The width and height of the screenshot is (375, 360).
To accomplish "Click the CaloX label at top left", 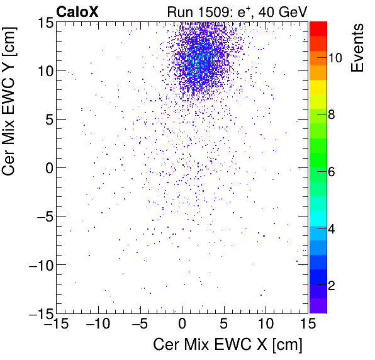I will pos(78,11).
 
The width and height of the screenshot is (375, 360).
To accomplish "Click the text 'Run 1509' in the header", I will pos(193,11).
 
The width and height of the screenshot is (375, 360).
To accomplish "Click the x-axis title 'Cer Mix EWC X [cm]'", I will pos(228,346).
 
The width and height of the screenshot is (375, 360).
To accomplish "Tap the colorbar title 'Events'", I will pos(357,47).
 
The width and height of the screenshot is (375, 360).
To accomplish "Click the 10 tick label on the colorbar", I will pos(335,58).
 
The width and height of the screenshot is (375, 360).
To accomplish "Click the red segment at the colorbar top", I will pos(318,28).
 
